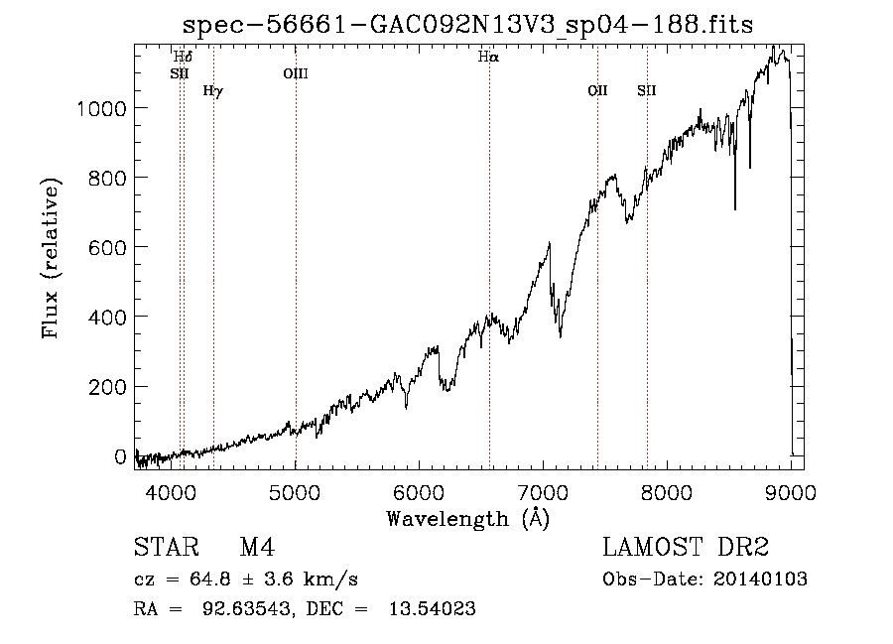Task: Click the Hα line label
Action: (x=488, y=57)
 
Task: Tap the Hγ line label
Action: (x=213, y=90)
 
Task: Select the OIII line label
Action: (x=296, y=73)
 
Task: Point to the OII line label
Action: (x=597, y=90)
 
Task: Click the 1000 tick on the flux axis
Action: (x=101, y=108)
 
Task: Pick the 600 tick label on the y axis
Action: (x=107, y=248)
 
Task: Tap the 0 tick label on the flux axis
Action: (x=120, y=456)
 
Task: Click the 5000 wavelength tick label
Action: (x=295, y=492)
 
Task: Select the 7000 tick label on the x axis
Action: (x=544, y=492)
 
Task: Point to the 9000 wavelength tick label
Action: (x=791, y=492)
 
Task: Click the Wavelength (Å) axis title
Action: (x=468, y=519)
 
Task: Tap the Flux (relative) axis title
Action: (x=51, y=258)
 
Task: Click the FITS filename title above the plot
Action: (x=467, y=25)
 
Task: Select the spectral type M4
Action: (x=257, y=548)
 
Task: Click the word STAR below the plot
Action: (x=167, y=547)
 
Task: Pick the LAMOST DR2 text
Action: (x=686, y=547)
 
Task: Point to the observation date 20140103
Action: (x=760, y=580)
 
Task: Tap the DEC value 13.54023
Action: (x=433, y=608)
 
